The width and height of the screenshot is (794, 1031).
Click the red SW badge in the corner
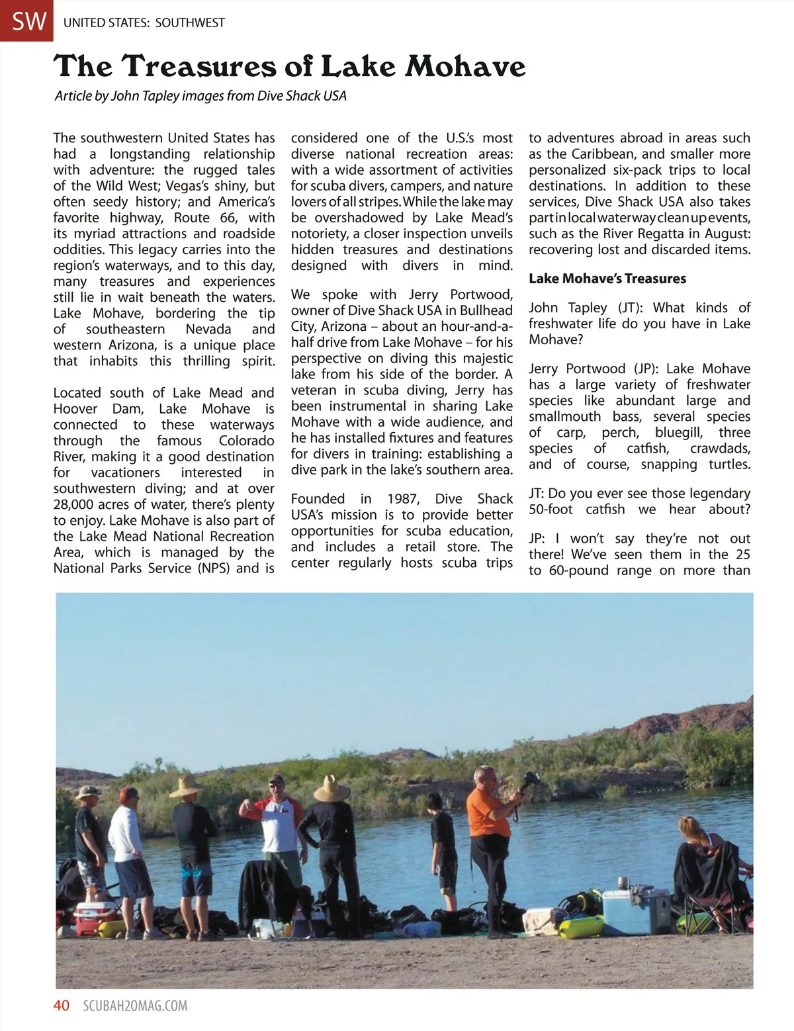tap(26, 21)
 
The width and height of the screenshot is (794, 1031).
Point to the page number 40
tap(62, 1005)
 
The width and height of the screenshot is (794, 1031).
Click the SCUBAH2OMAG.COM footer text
tap(135, 1006)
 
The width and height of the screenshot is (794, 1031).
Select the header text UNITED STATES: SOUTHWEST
tap(144, 22)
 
